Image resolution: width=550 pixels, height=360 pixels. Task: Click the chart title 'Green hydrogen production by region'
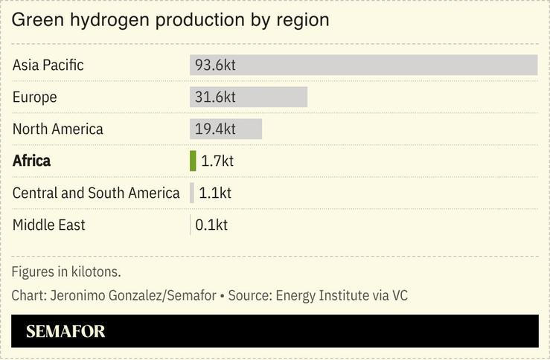pyautogui.click(x=170, y=20)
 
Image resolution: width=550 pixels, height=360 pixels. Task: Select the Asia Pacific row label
pyautogui.click(x=48, y=65)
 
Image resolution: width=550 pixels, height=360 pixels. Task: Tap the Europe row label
pyautogui.click(x=35, y=97)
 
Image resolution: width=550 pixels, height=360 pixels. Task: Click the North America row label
pyautogui.click(x=58, y=129)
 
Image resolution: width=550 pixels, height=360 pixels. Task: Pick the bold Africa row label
pyautogui.click(x=32, y=161)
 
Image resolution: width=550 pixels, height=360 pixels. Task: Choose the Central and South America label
pyautogui.click(x=96, y=193)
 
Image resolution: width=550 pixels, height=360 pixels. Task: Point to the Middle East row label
pyautogui.click(x=49, y=225)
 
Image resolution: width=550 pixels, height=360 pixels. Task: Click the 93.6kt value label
pyautogui.click(x=215, y=65)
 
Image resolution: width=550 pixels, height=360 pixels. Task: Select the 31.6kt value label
pyautogui.click(x=215, y=97)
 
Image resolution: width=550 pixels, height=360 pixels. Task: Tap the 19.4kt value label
pyautogui.click(x=215, y=129)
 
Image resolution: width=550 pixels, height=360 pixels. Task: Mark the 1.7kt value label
pyautogui.click(x=217, y=161)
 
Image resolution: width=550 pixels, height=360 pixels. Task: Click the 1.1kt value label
pyautogui.click(x=215, y=193)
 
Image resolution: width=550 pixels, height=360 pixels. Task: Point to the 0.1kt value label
pyautogui.click(x=211, y=225)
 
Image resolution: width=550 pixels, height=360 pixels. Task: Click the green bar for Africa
pyautogui.click(x=193, y=161)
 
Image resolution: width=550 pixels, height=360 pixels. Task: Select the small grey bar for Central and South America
pyautogui.click(x=192, y=193)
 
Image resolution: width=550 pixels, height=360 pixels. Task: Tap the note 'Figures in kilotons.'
pyautogui.click(x=66, y=271)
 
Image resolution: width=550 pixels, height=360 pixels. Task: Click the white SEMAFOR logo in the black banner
pyautogui.click(x=65, y=332)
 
